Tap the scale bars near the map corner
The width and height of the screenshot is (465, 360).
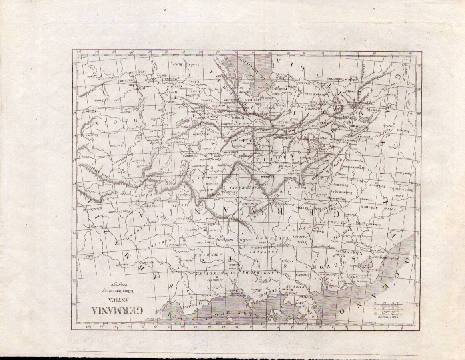click(x=387, y=310)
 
